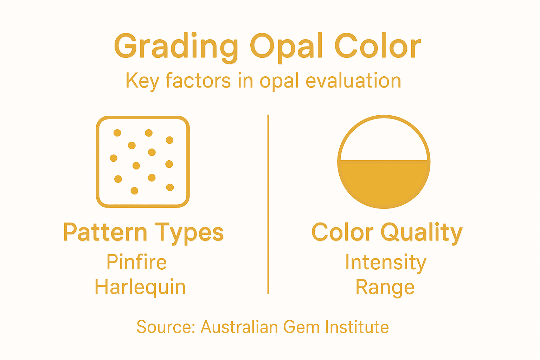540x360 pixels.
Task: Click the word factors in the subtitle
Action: click(x=198, y=81)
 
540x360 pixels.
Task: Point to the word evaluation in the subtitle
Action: click(x=353, y=81)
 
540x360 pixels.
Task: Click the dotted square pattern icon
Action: click(x=143, y=162)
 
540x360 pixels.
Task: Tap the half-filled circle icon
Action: click(x=384, y=162)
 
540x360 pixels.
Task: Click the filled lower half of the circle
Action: click(x=384, y=185)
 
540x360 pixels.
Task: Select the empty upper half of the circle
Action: click(x=384, y=141)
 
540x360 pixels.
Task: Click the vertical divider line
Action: click(x=268, y=204)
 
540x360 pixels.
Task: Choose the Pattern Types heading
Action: click(x=143, y=233)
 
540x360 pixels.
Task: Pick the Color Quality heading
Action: click(x=387, y=233)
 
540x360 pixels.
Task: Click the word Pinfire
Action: click(x=137, y=262)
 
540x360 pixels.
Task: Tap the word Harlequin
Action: click(x=140, y=287)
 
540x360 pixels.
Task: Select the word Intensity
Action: click(x=386, y=263)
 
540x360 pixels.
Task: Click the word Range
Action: click(x=385, y=287)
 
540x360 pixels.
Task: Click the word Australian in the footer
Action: click(x=239, y=327)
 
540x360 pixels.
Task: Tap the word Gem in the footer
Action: click(x=302, y=327)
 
